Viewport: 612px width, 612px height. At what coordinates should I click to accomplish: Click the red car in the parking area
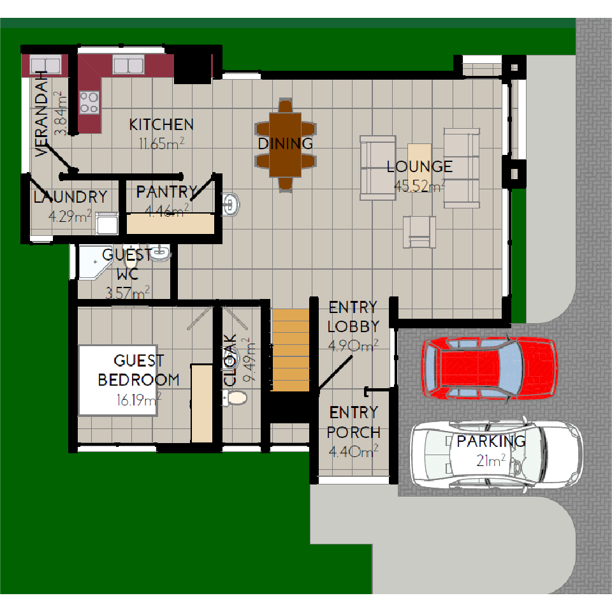(489, 368)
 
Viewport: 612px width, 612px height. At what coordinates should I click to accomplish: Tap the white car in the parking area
(497, 455)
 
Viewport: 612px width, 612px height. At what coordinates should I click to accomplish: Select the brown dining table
(286, 145)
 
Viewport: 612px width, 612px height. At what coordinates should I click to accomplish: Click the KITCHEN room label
(161, 125)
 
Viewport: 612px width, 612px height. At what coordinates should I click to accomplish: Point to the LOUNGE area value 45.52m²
(419, 186)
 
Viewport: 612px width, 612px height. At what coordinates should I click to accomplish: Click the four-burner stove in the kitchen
(89, 102)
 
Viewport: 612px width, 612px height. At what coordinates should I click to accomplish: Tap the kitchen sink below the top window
(128, 64)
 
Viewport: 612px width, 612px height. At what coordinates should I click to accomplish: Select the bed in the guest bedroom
(118, 380)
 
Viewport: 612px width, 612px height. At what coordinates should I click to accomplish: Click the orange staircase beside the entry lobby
(291, 350)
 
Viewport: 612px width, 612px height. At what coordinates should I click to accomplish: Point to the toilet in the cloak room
(235, 398)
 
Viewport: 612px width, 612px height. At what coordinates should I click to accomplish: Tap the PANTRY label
(167, 192)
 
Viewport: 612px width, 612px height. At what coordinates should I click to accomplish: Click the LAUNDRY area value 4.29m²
(70, 216)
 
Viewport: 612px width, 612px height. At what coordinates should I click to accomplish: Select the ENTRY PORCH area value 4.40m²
(354, 451)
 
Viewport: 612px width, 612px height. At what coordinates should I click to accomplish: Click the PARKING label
(491, 441)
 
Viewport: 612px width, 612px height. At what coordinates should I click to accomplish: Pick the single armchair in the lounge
(419, 232)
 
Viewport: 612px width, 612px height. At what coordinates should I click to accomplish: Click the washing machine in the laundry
(107, 224)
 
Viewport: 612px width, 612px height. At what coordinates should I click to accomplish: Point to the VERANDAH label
(41, 113)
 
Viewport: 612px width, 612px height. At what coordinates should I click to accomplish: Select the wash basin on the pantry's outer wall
(231, 204)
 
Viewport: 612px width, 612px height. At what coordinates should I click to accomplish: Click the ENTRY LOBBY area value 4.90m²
(353, 346)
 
